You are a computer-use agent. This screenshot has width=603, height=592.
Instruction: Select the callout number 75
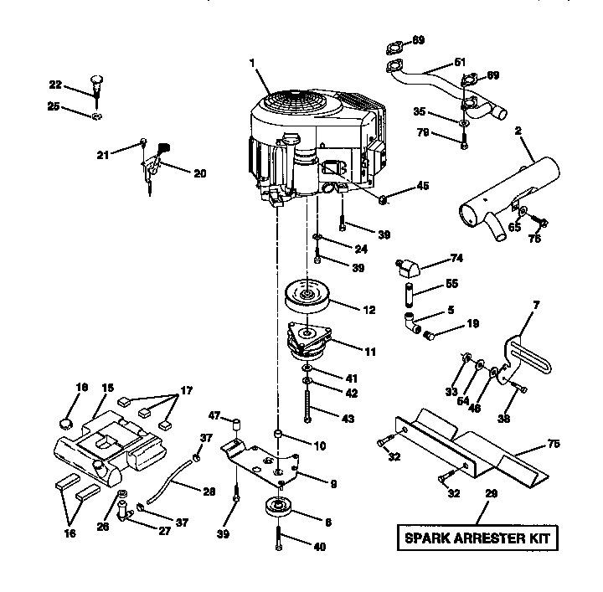tap(554, 445)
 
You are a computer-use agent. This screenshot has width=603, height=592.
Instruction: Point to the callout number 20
tap(199, 173)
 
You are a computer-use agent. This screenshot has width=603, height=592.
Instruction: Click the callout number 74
tap(456, 258)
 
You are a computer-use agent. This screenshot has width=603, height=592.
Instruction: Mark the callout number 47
tap(214, 415)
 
